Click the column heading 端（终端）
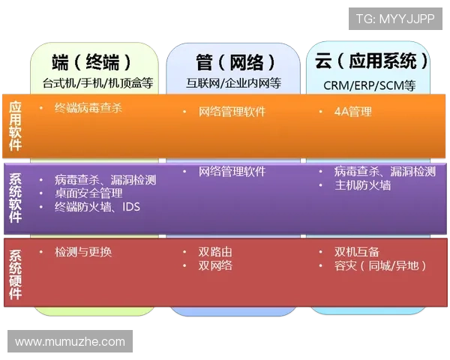[96, 61]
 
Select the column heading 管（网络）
[234, 61]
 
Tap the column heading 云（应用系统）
[372, 61]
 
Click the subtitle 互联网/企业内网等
[233, 83]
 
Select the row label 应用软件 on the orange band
[16, 125]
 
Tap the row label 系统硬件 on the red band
[16, 273]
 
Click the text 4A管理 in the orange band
[352, 112]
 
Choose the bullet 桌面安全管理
[88, 193]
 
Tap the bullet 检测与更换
[83, 251]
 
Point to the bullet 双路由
[215, 251]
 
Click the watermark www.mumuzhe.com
[70, 342]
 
